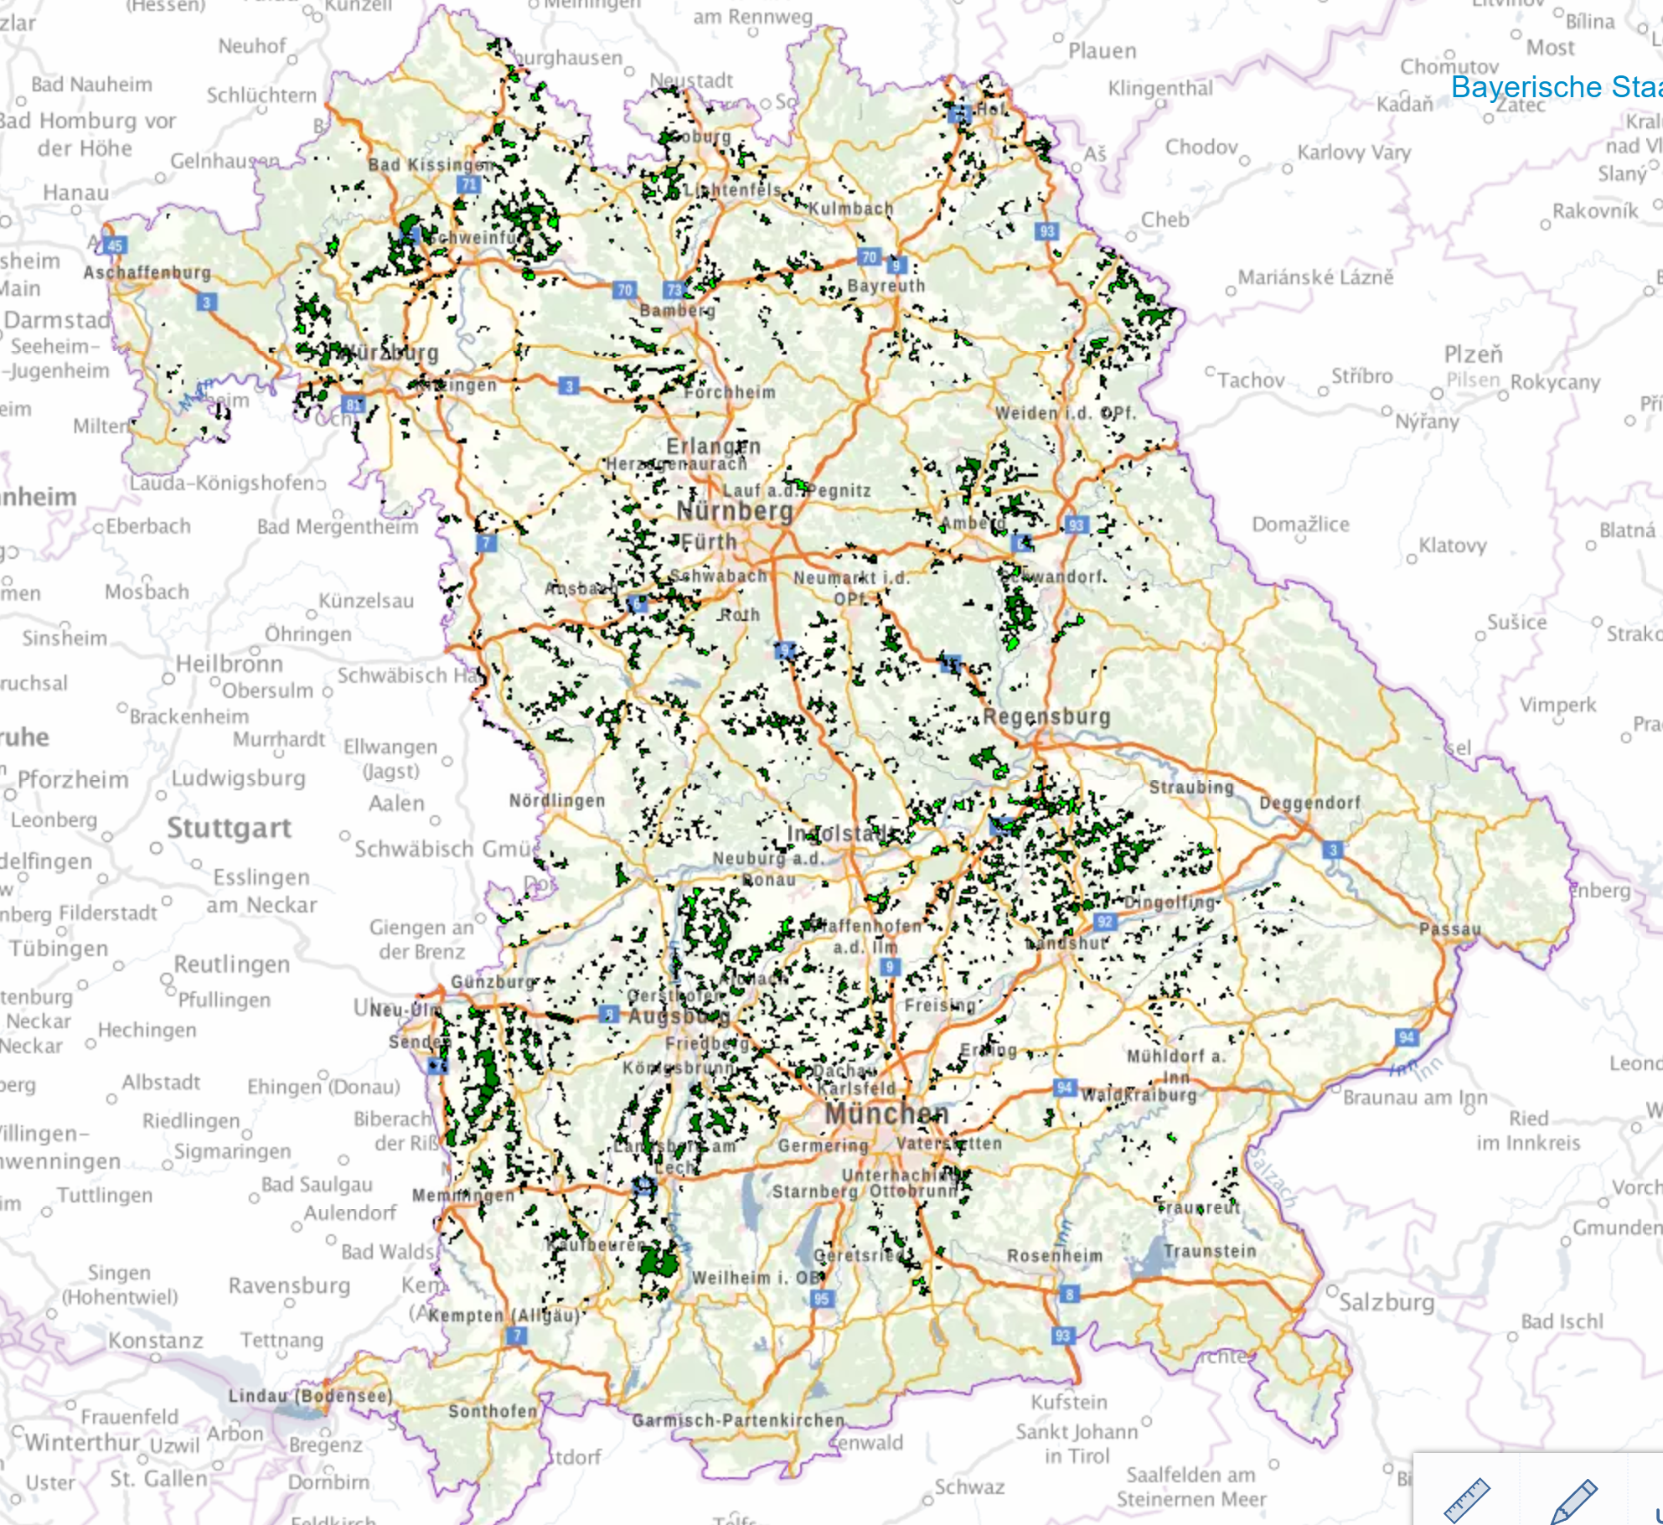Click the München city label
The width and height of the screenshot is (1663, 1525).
[x=886, y=1114]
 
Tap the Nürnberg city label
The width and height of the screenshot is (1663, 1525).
[x=734, y=511]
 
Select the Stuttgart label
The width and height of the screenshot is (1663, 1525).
[x=229, y=828]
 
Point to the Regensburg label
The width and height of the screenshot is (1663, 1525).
[x=1046, y=716]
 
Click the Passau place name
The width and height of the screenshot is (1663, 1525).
[x=1449, y=928]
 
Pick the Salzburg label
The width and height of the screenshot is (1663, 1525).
[x=1386, y=1302]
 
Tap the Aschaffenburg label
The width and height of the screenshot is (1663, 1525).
[x=147, y=272]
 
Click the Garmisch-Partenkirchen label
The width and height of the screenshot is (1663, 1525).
[x=738, y=1420]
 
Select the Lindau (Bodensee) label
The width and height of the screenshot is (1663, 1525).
[x=310, y=1396]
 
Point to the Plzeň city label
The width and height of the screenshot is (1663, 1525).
[x=1473, y=354]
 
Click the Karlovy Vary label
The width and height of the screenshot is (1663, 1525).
[x=1354, y=152]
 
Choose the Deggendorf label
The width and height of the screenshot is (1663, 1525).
[x=1309, y=803]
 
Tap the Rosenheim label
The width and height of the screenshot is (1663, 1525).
[x=1055, y=1255]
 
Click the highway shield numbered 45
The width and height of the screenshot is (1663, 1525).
[x=115, y=246]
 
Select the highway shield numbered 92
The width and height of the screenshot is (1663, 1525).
[x=1104, y=922]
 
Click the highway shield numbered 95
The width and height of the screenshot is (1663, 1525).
[x=821, y=1299]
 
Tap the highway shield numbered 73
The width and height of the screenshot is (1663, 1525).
[x=674, y=290]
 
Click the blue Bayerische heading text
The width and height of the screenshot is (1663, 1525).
[x=1555, y=87]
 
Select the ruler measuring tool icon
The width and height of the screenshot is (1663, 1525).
[x=1467, y=1500]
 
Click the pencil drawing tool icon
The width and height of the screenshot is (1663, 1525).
[x=1573, y=1500]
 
